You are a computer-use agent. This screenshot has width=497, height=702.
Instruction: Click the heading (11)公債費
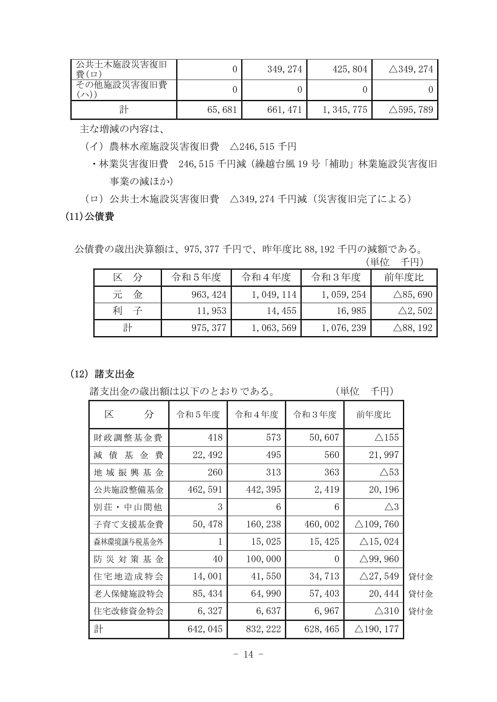click(x=90, y=216)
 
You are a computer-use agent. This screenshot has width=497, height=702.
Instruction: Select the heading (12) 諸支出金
click(x=102, y=374)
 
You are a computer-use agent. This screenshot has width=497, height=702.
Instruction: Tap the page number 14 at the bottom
click(x=248, y=654)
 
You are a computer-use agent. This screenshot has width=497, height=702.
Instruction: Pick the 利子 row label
click(x=127, y=311)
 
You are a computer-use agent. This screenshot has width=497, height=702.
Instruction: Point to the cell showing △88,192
click(x=413, y=328)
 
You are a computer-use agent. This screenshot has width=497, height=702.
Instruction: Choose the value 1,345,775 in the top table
click(x=345, y=110)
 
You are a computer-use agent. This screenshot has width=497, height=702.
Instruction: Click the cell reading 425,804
click(x=350, y=69)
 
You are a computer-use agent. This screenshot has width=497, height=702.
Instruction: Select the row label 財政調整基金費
click(x=128, y=438)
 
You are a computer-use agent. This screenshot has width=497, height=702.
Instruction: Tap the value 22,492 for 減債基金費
click(x=208, y=455)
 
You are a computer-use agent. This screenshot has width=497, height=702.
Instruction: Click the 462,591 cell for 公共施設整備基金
click(x=205, y=490)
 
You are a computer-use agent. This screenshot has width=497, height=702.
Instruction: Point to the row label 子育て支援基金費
click(x=129, y=524)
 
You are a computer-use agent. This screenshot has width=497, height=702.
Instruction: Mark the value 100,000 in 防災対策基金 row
click(x=264, y=559)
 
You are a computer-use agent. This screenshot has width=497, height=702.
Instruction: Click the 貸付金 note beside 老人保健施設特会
click(x=420, y=594)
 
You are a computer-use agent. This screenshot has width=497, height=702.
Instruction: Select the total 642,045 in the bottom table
click(x=205, y=629)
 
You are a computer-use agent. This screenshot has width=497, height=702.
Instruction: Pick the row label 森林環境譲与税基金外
click(x=129, y=542)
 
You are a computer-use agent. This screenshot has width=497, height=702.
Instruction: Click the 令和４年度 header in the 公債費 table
click(x=266, y=277)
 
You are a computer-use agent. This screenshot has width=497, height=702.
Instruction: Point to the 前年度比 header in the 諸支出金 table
click(x=374, y=414)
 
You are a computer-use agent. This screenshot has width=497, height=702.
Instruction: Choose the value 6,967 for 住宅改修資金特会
click(x=327, y=611)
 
